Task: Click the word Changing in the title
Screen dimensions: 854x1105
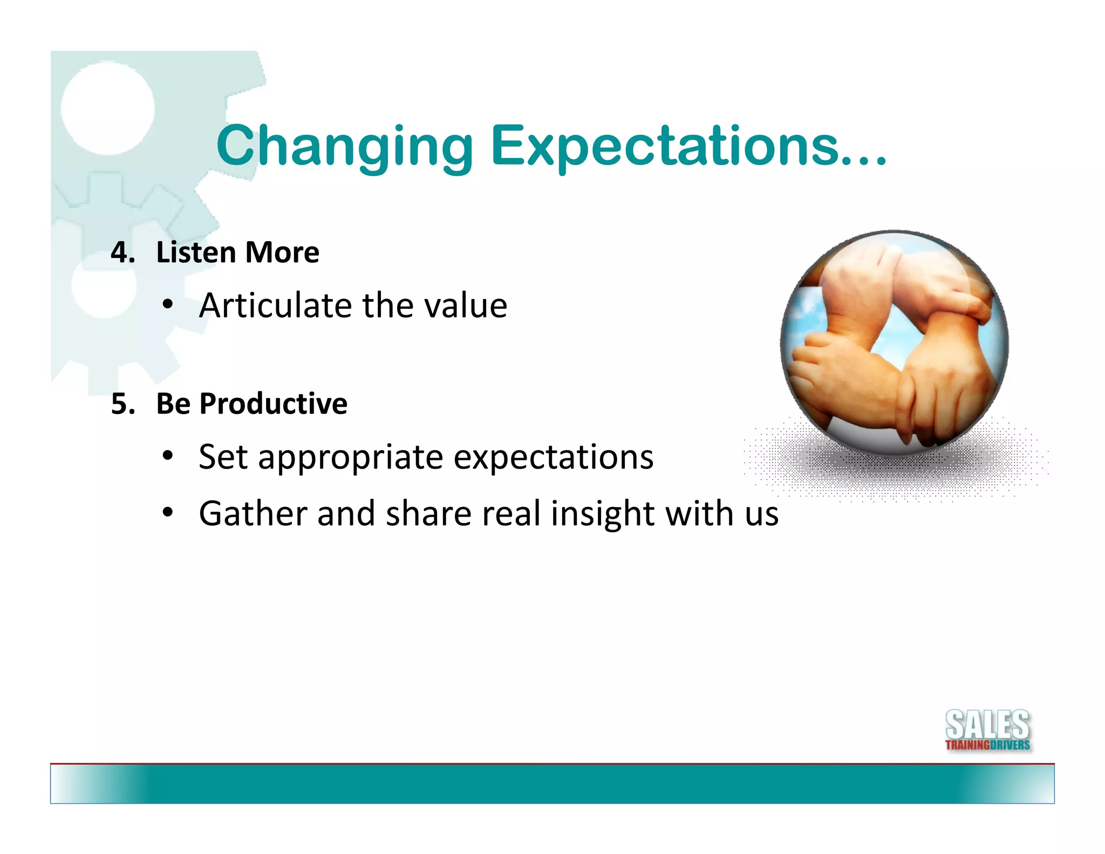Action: click(344, 147)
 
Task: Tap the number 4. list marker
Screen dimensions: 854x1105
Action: click(122, 253)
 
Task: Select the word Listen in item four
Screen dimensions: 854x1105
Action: click(195, 253)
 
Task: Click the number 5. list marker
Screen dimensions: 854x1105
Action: click(122, 404)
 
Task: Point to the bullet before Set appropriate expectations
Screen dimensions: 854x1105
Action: click(168, 457)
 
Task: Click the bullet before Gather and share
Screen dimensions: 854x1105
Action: click(168, 513)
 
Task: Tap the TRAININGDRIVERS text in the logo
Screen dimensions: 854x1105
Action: click(987, 745)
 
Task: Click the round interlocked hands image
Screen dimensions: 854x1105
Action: click(894, 344)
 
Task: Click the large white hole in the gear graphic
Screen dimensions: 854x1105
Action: click(107, 108)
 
